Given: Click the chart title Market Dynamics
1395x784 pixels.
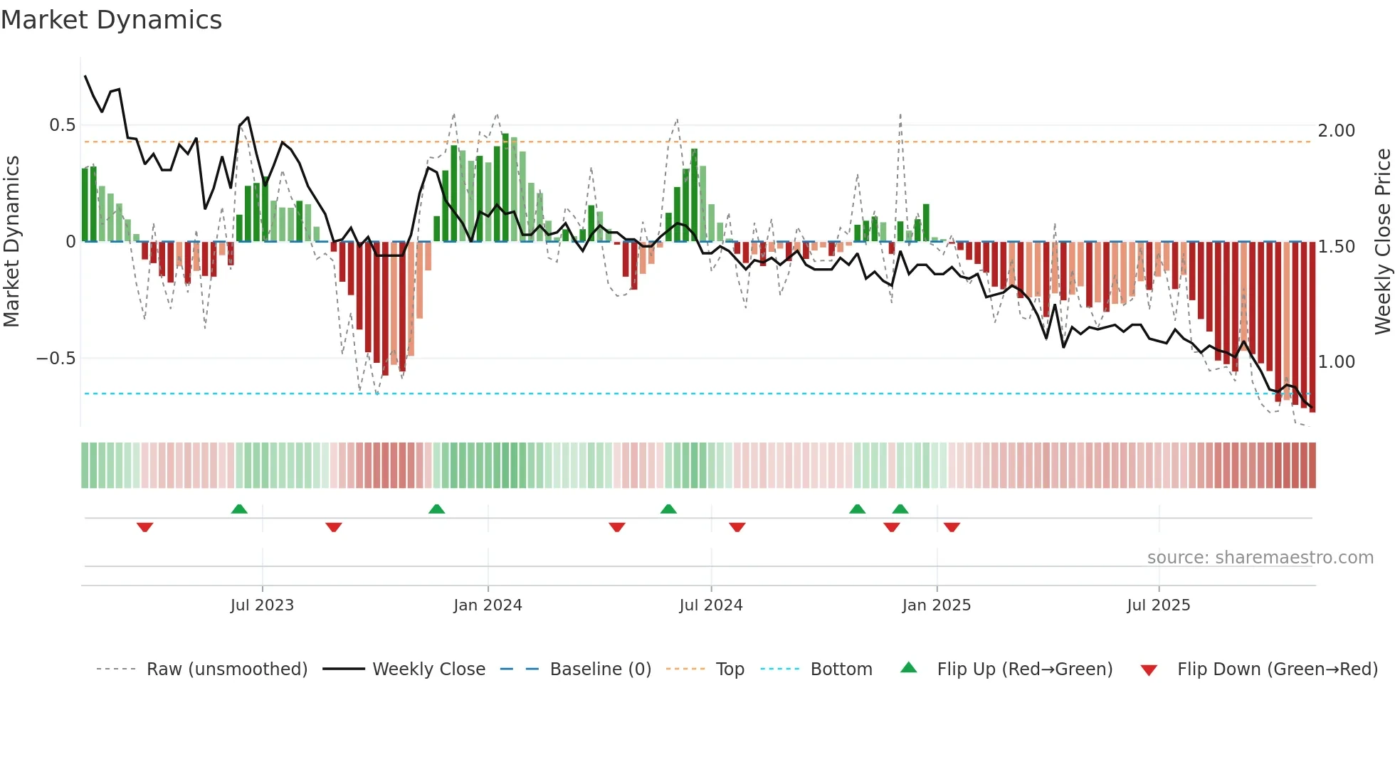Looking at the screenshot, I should [x=112, y=20].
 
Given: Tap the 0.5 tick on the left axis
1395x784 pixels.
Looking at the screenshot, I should [x=62, y=125].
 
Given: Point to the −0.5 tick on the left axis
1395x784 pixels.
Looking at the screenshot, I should [x=56, y=359].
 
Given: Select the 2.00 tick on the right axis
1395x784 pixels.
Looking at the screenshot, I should [x=1336, y=131].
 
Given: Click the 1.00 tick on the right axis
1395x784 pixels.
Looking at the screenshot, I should [x=1336, y=362].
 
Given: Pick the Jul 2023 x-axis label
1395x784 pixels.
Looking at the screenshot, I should [x=262, y=605].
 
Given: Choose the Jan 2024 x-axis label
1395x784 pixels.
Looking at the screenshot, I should [x=488, y=605].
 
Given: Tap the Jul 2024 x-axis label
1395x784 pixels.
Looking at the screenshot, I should [x=710, y=605].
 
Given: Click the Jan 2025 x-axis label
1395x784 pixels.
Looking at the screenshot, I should [x=936, y=605].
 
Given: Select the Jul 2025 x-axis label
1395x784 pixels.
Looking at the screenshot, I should [x=1158, y=605].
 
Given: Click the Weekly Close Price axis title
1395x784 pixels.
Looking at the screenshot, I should [x=1382, y=241].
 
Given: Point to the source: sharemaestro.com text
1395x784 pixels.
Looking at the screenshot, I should [x=1260, y=558].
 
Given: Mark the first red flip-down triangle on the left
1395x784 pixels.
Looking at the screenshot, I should [x=144, y=527].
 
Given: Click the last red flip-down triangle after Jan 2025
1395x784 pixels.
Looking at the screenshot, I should [x=952, y=527].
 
